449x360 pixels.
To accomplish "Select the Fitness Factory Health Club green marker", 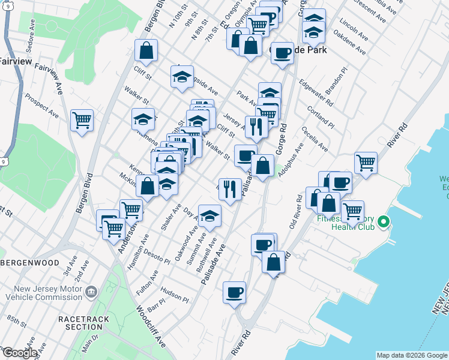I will pyautogui.click(x=383, y=223).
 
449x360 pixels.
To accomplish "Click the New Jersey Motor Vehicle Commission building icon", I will pyautogui.click(x=91, y=292).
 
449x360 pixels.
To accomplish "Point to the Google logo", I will pyautogui.click(x=20, y=353).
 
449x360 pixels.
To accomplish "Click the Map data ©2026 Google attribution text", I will pyautogui.click(x=411, y=355).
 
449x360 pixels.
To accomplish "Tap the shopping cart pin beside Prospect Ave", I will pyautogui.click(x=82, y=119).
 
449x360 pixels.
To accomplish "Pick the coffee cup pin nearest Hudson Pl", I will pyautogui.click(x=234, y=292).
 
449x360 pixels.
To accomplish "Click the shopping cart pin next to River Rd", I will pyautogui.click(x=366, y=161).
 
